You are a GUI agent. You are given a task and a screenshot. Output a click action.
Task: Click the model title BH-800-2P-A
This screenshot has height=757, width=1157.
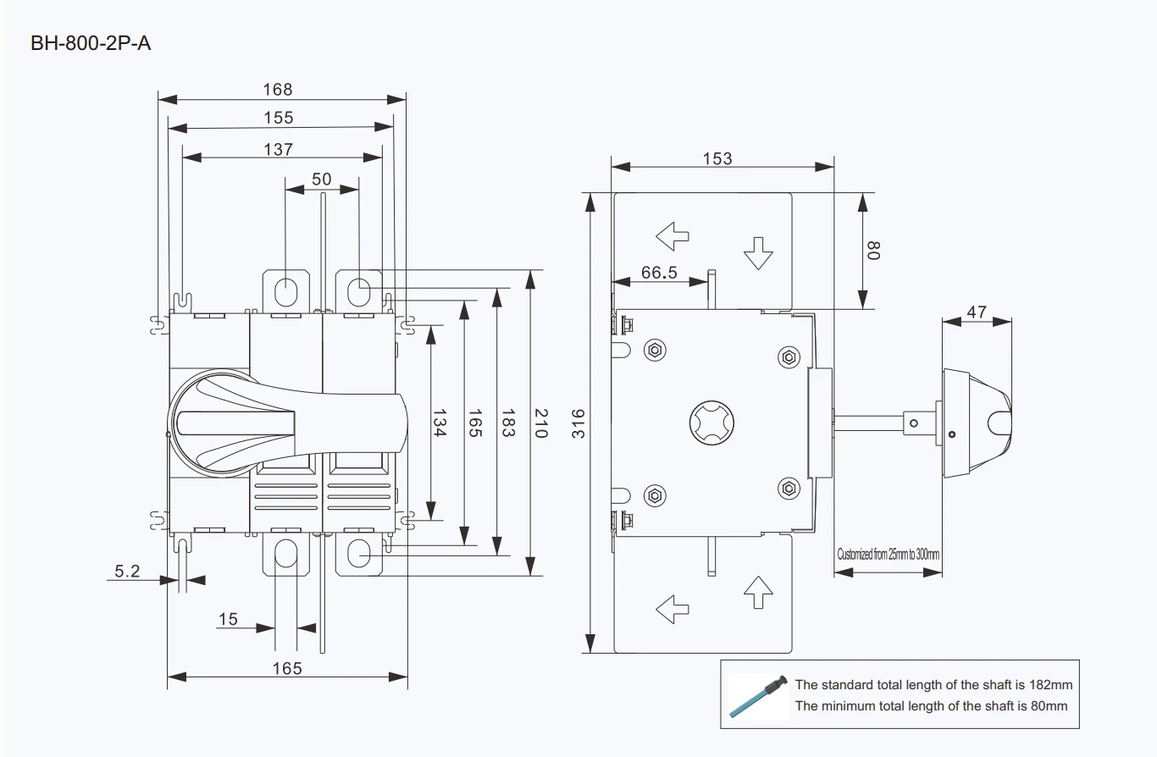pyautogui.click(x=91, y=43)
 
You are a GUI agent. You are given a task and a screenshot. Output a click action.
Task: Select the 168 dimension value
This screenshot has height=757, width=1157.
pyautogui.click(x=277, y=89)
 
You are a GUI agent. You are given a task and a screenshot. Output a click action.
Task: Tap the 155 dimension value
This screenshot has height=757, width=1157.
pyautogui.click(x=279, y=118)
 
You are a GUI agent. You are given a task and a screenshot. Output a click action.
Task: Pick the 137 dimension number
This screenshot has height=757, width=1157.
pyautogui.click(x=279, y=149)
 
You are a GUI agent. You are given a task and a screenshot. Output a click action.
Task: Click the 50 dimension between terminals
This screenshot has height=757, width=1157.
pyautogui.click(x=321, y=180)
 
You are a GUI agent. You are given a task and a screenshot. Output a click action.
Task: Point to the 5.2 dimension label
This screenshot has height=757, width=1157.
pyautogui.click(x=127, y=571)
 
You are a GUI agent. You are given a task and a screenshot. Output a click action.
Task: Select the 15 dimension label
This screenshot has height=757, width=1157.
pyautogui.click(x=228, y=619)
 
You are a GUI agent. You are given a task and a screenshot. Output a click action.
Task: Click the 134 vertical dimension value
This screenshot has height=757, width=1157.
pyautogui.click(x=439, y=423)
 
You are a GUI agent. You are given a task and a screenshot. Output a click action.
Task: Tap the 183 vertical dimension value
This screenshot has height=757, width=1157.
pyautogui.click(x=508, y=423)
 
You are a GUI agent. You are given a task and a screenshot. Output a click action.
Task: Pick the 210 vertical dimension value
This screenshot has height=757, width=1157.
pyautogui.click(x=540, y=423)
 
